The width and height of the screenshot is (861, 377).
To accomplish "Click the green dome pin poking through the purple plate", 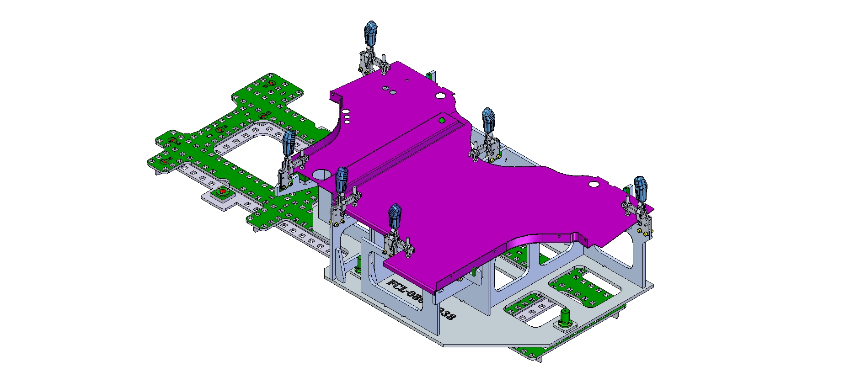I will click(x=442, y=120).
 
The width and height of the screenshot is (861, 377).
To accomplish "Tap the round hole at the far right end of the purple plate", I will click(x=594, y=184).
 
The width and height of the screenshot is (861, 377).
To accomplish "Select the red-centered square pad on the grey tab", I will click(x=223, y=192).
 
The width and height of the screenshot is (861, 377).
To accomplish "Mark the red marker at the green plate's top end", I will click(x=271, y=83).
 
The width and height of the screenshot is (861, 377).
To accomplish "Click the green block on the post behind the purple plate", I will click(x=429, y=74).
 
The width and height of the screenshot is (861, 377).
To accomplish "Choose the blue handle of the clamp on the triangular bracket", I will click(x=289, y=142).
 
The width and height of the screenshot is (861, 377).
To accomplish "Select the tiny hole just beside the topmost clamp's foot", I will click(x=406, y=80).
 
